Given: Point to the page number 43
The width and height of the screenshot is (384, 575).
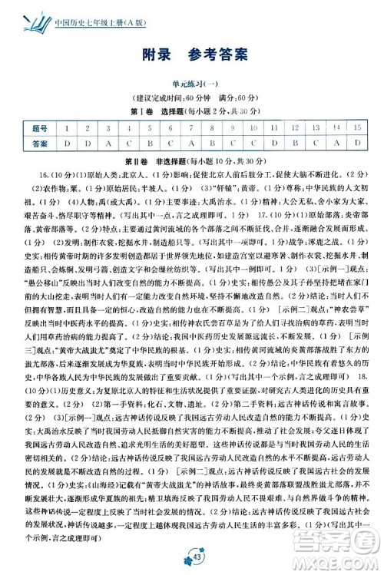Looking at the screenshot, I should point(191,558).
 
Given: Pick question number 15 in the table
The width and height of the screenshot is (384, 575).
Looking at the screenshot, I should point(356,127).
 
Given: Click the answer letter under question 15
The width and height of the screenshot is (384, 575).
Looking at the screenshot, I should point(356,143).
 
